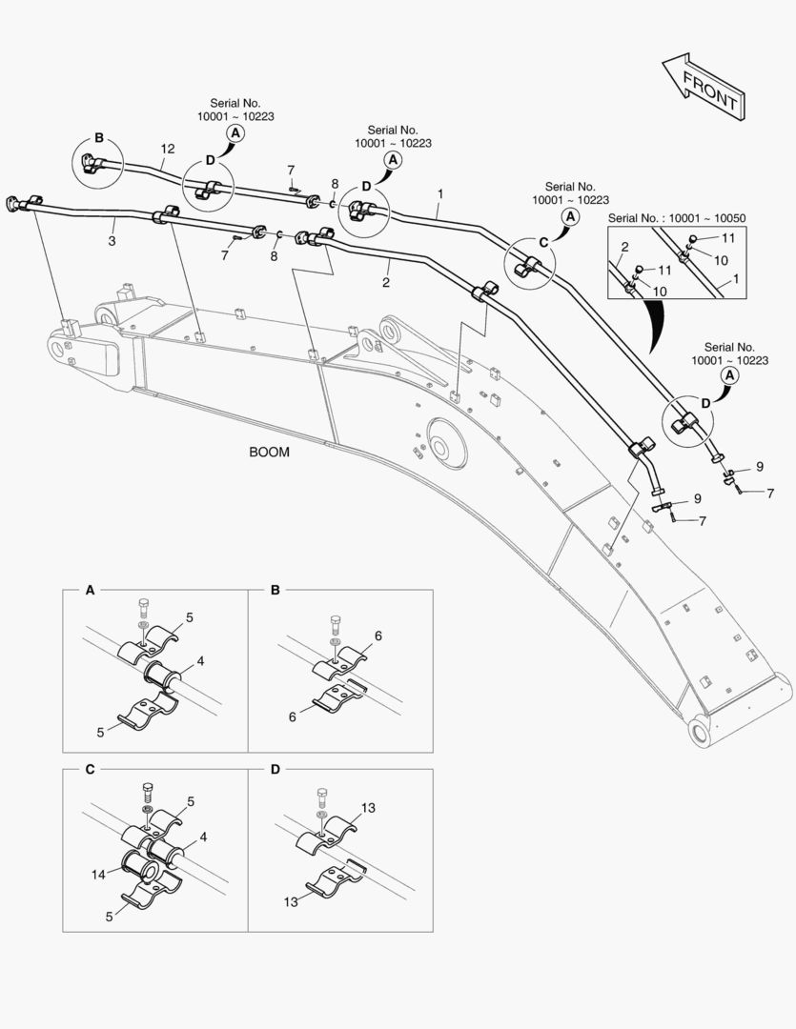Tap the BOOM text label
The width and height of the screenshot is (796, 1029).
pyautogui.click(x=269, y=453)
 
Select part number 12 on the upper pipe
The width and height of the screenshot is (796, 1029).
pyautogui.click(x=168, y=149)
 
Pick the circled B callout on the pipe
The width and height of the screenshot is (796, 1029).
pyautogui.click(x=98, y=136)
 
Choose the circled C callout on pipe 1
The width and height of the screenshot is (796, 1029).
pyautogui.click(x=542, y=242)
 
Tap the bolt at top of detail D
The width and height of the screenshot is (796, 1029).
pyautogui.click(x=320, y=796)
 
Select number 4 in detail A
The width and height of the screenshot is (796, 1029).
pyautogui.click(x=200, y=659)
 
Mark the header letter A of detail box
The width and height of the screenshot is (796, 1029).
pyautogui.click(x=90, y=591)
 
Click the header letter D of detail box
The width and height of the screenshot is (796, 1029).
pyautogui.click(x=275, y=768)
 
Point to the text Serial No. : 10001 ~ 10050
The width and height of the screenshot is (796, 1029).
pyautogui.click(x=676, y=218)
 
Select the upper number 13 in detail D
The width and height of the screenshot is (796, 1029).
pyautogui.click(x=368, y=808)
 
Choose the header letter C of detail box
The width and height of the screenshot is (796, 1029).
pyautogui.click(x=90, y=768)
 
